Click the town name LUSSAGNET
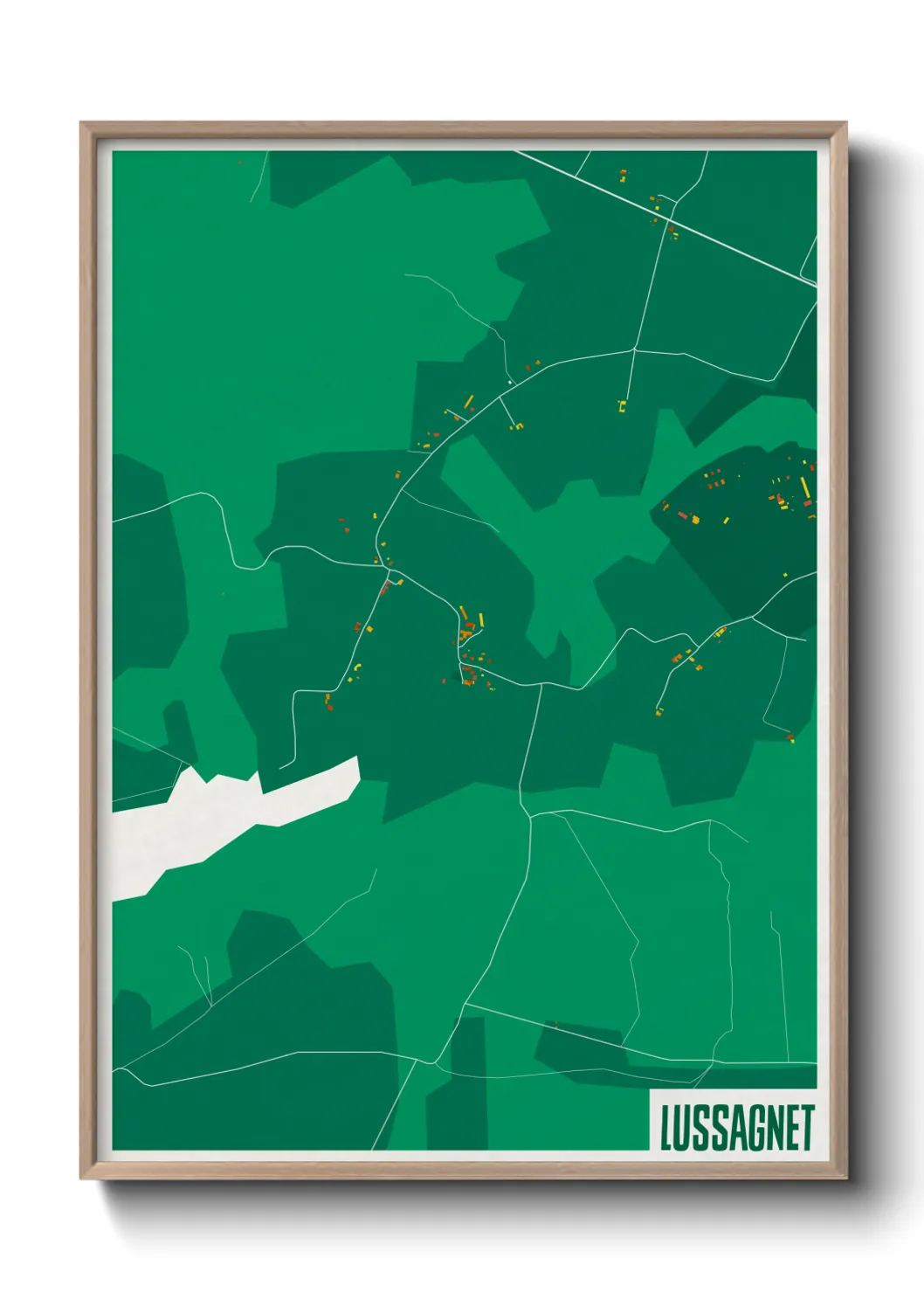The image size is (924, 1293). tap(737, 1127)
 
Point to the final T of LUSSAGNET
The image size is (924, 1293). tap(807, 1127)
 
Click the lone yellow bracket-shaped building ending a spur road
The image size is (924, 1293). tap(623, 404)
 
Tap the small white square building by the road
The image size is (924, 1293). tap(510, 382)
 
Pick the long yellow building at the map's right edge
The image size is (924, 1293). tap(804, 487)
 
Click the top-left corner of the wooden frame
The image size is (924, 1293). tap(82, 124)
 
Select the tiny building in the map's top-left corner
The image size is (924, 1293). tap(240, 162)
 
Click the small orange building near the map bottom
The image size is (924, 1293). tap(555, 1024)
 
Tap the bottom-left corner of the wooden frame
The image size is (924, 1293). tap(82, 1178)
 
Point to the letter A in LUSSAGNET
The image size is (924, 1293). tap(736, 1128)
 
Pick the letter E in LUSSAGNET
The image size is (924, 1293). tap(791, 1128)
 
